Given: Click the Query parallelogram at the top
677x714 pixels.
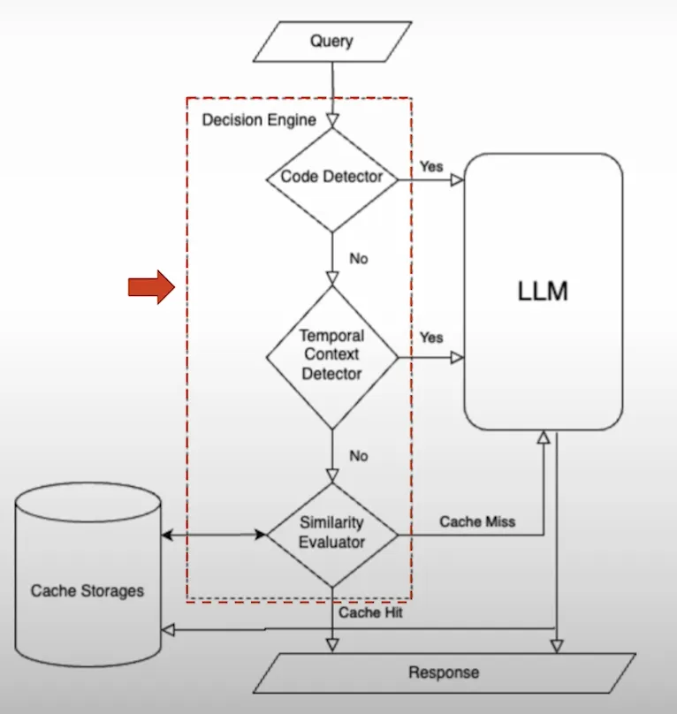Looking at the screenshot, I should pyautogui.click(x=331, y=41).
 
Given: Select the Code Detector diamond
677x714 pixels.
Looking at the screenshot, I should pyautogui.click(x=331, y=177).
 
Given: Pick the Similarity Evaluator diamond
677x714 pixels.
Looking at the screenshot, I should pyautogui.click(x=331, y=534).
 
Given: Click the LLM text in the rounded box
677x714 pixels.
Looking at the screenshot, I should pyautogui.click(x=543, y=292).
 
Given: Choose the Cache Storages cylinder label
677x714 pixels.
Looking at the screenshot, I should pyautogui.click(x=87, y=590).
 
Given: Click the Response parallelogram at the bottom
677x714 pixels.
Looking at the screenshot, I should pyautogui.click(x=444, y=672).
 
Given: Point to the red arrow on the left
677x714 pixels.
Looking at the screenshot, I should pyautogui.click(x=151, y=286).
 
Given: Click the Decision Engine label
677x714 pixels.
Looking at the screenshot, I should pyautogui.click(x=258, y=119).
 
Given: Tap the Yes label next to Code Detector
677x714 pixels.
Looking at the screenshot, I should pyautogui.click(x=431, y=166).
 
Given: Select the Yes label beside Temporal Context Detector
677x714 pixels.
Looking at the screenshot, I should pyautogui.click(x=431, y=338).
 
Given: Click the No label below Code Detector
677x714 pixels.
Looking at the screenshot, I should pyautogui.click(x=358, y=259).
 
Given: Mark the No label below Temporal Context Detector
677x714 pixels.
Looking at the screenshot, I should pyautogui.click(x=358, y=456).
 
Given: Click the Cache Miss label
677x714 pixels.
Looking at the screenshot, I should pyautogui.click(x=477, y=521).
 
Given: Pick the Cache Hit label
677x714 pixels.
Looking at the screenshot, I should pyautogui.click(x=370, y=611).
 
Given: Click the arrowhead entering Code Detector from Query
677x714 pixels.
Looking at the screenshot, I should pyautogui.click(x=332, y=121).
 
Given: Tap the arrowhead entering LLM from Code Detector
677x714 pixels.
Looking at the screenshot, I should pyautogui.click(x=457, y=179).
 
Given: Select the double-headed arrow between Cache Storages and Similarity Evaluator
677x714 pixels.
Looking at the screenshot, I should pyautogui.click(x=213, y=535).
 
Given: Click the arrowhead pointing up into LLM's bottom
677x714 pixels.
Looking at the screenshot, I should pyautogui.click(x=543, y=437).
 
